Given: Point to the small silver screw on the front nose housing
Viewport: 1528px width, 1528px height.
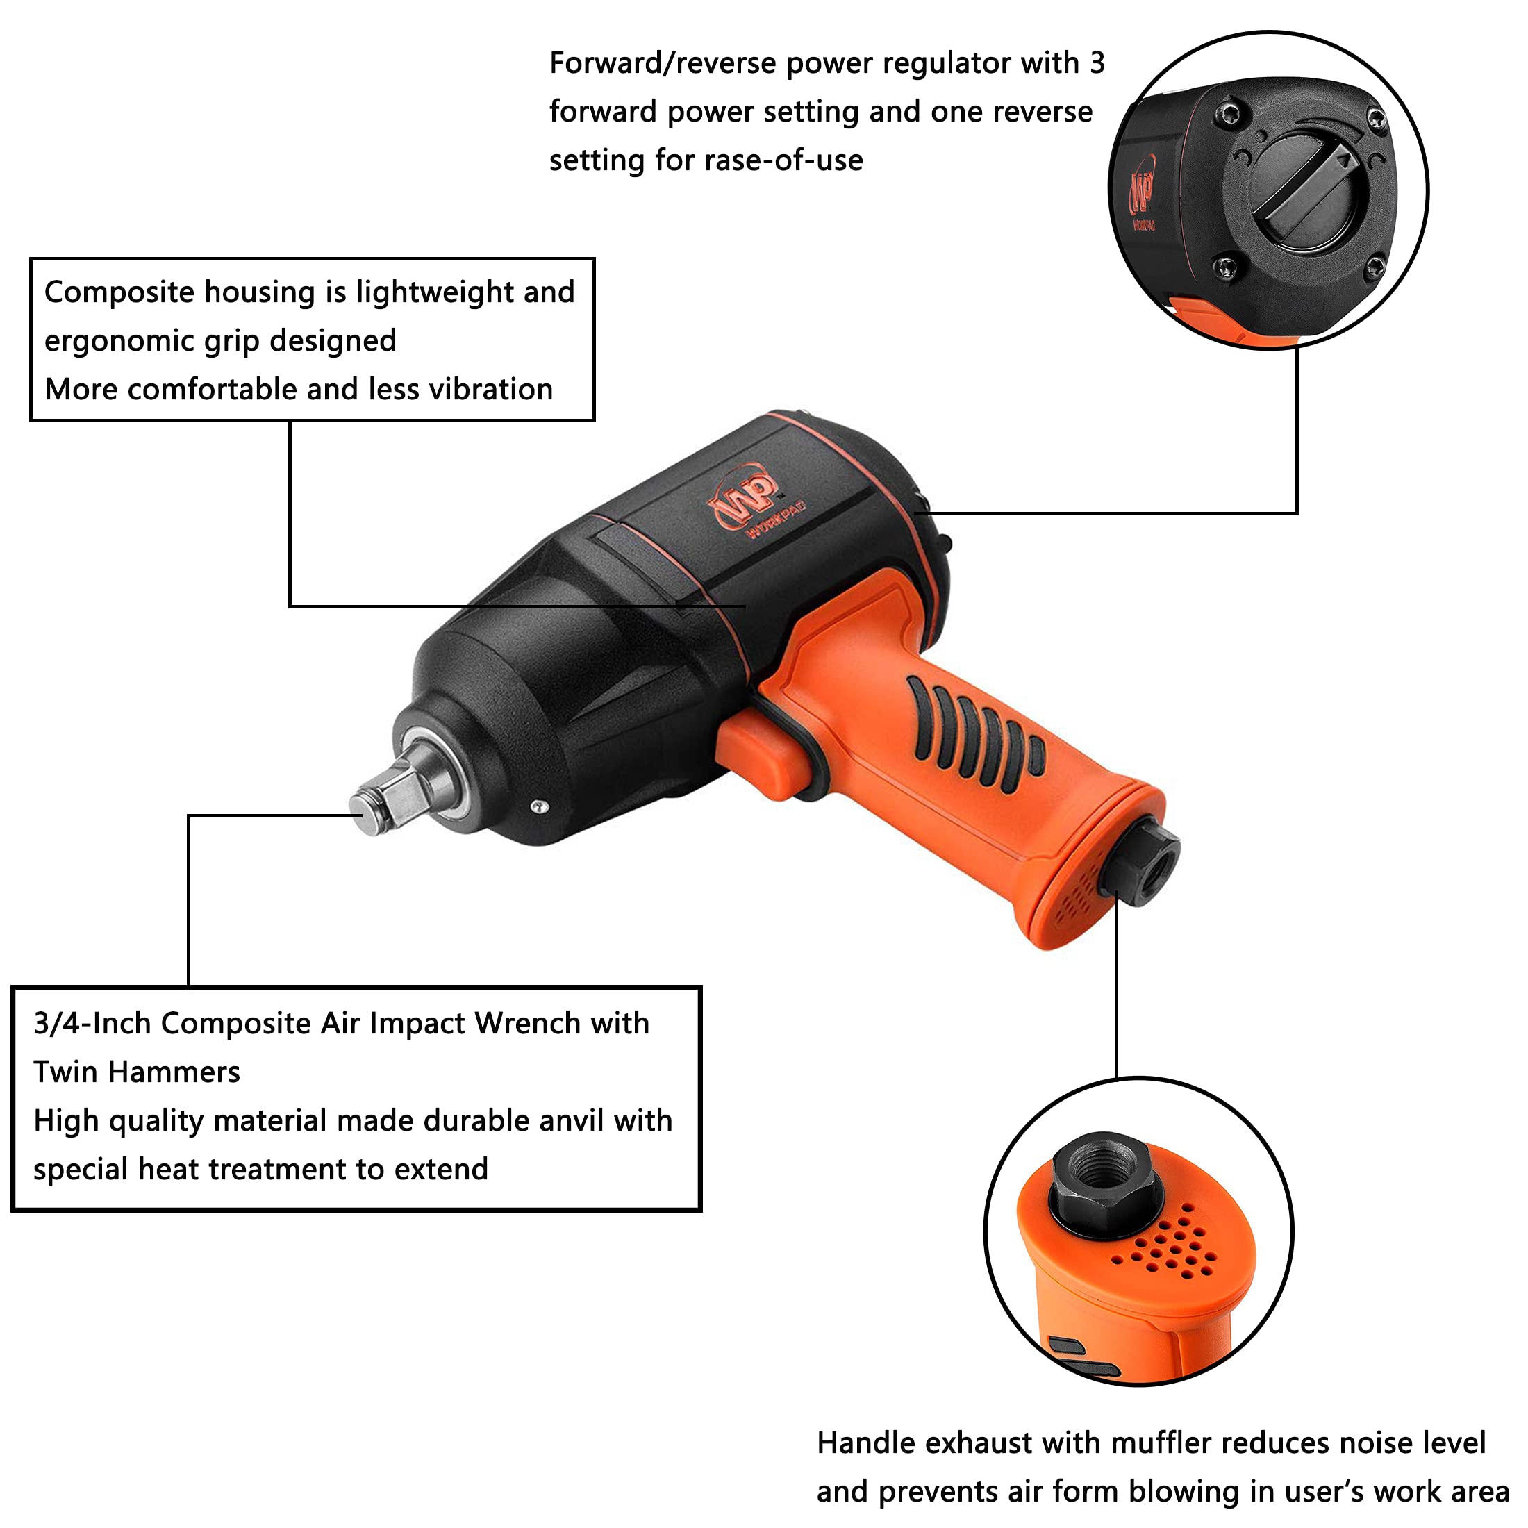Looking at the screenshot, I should pyautogui.click(x=540, y=806).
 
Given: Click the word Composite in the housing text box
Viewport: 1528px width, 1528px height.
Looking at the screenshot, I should pyautogui.click(x=118, y=292).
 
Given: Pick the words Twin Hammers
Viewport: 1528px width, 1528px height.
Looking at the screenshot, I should pyautogui.click(x=136, y=1073).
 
